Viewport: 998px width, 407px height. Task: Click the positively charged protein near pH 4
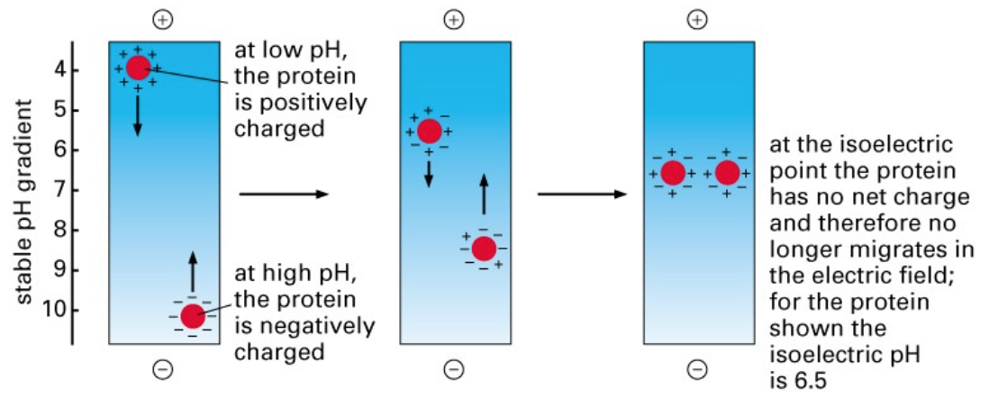click(x=138, y=68)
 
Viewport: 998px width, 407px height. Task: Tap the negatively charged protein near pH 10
click(x=192, y=316)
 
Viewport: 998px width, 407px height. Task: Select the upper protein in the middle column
click(x=430, y=131)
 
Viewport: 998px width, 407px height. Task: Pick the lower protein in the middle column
click(x=484, y=249)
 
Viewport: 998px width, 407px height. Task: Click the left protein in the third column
click(x=673, y=173)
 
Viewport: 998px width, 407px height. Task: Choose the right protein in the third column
click(x=727, y=173)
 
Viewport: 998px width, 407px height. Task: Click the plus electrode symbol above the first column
click(x=162, y=19)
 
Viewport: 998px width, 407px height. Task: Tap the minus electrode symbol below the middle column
click(x=455, y=369)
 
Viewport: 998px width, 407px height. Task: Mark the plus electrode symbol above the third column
click(x=697, y=19)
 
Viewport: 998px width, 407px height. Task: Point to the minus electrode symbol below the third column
click(x=697, y=369)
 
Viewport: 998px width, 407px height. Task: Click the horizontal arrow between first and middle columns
click(x=284, y=194)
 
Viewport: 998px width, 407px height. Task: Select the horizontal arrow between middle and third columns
click(x=581, y=194)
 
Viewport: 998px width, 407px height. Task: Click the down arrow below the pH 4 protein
click(x=138, y=115)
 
